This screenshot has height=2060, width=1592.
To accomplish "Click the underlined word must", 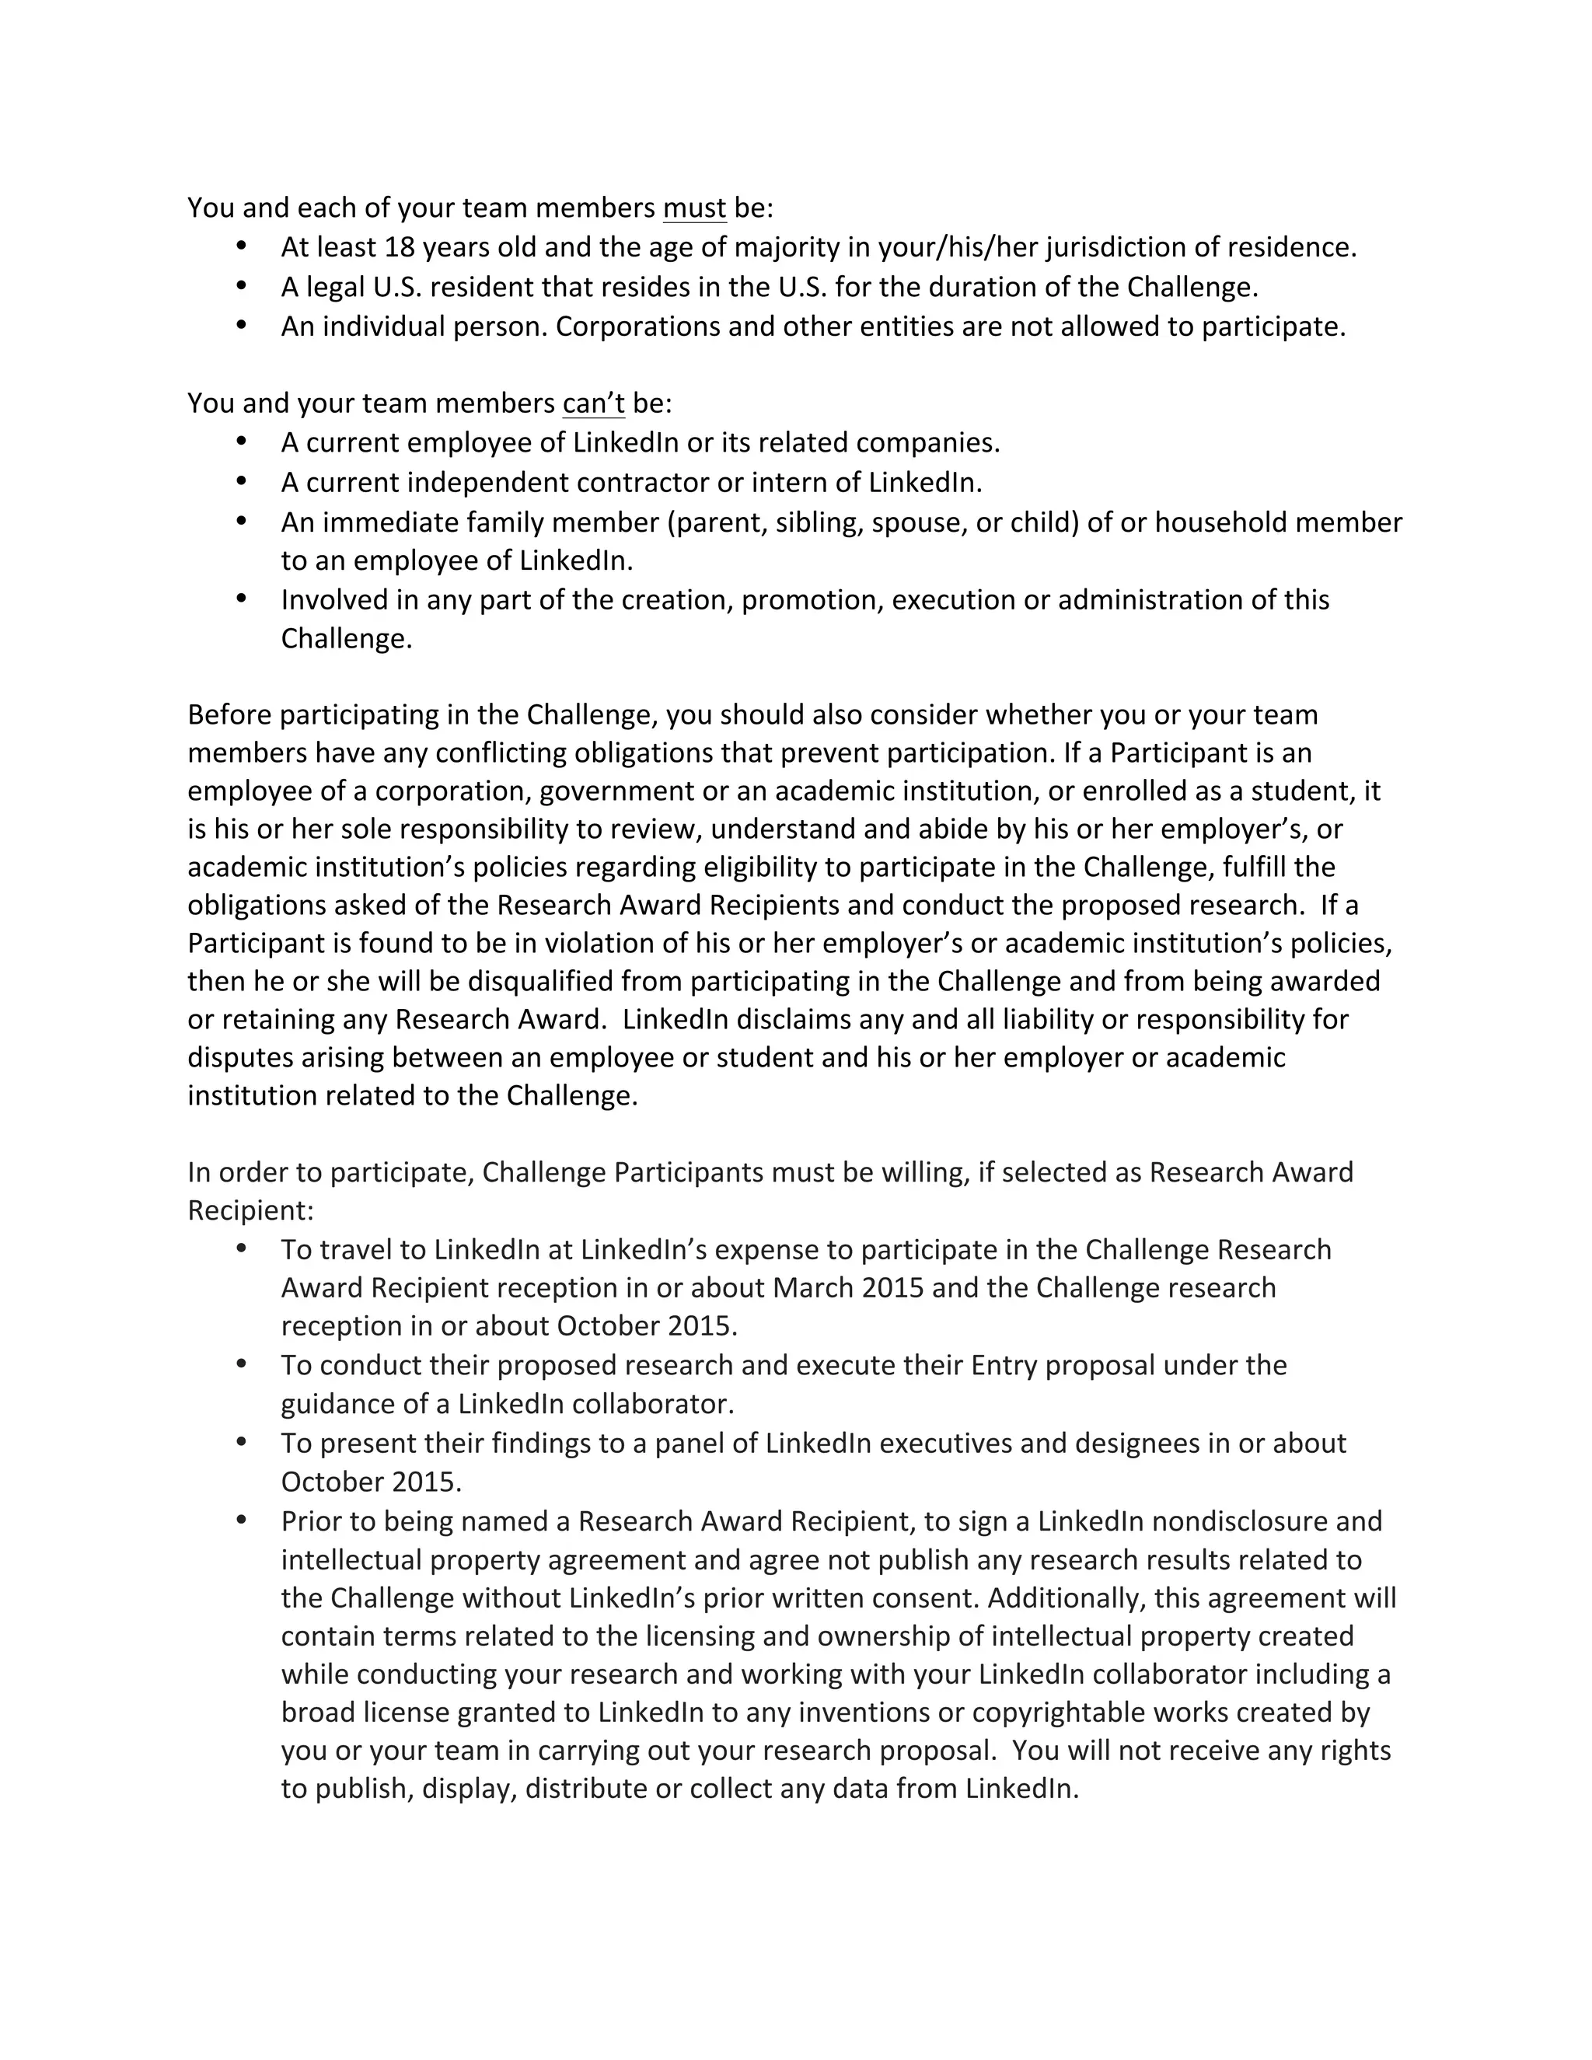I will (x=694, y=208).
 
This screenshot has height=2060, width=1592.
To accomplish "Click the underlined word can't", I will (x=593, y=403).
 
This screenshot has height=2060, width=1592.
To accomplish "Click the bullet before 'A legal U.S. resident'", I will (x=242, y=285).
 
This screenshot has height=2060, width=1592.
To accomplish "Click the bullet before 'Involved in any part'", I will (x=242, y=598).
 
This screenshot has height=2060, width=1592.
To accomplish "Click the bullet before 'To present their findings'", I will (x=242, y=1441).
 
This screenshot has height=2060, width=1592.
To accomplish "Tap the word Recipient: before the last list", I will (x=250, y=1211).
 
